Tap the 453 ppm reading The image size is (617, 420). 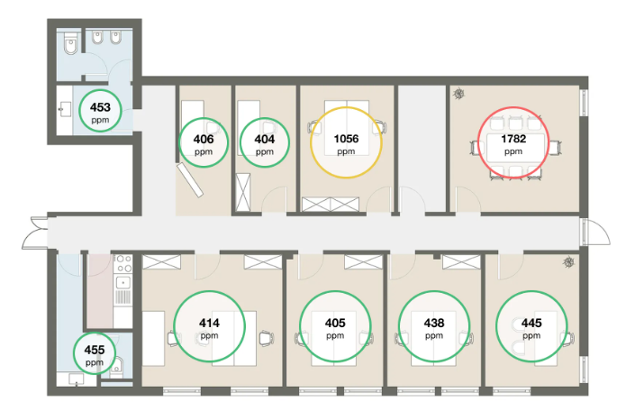[101, 113]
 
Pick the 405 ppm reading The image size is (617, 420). [335, 326]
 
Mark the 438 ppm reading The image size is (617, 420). [434, 326]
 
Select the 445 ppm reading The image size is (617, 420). [531, 326]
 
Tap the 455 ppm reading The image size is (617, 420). [95, 352]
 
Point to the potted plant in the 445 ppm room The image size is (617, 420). [568, 263]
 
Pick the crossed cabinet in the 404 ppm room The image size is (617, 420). [240, 190]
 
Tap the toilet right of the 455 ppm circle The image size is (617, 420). [120, 366]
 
